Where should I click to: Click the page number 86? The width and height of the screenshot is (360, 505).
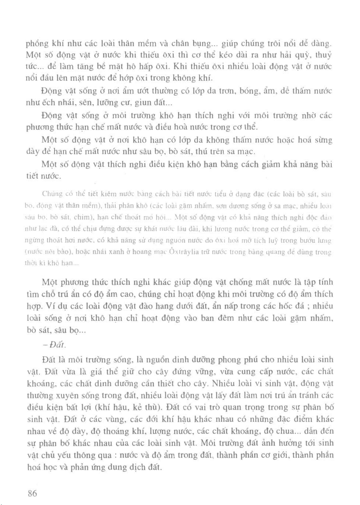pos(32,493)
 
